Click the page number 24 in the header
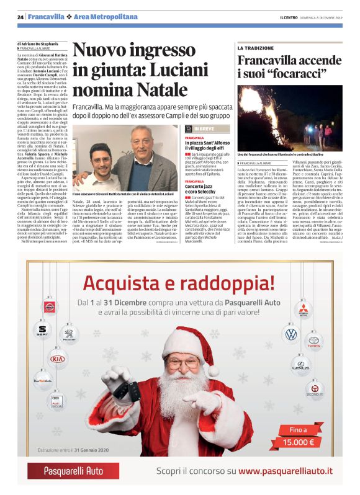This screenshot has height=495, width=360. tap(20, 16)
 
